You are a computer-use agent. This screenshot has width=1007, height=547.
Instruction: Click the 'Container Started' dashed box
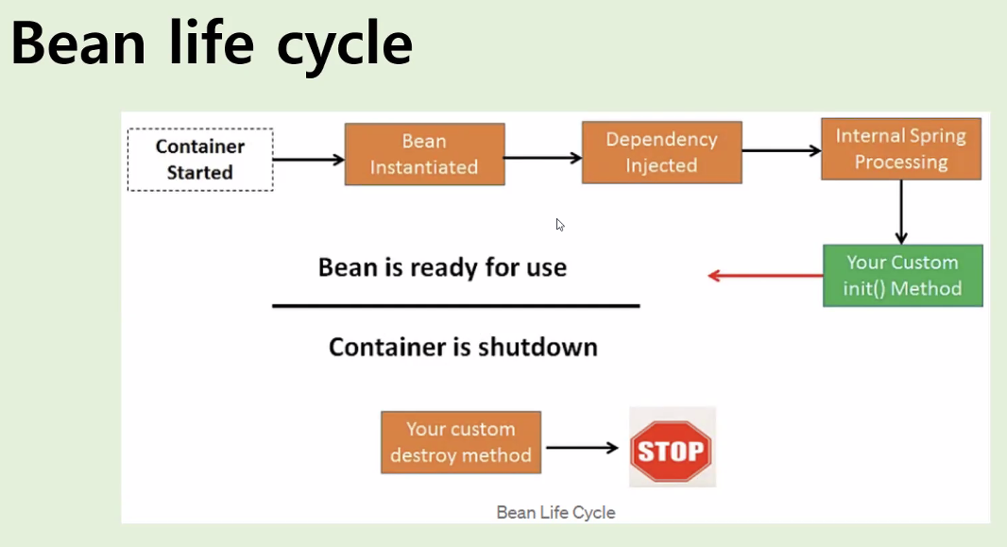pos(200,160)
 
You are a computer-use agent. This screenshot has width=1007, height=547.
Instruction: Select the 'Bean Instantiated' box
pos(424,154)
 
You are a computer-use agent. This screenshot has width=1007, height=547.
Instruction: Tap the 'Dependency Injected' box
pos(661,152)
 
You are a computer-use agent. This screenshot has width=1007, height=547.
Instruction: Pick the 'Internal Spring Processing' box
pos(901,148)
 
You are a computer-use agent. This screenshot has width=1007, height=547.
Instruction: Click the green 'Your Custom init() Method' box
pos(902,276)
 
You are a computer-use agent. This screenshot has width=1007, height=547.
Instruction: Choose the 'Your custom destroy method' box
pos(460,442)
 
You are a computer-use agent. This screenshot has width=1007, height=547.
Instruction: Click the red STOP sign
pos(672,451)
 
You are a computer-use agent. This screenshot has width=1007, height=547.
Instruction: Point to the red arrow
pos(765,276)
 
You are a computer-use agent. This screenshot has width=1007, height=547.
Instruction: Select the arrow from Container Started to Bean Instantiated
pos(309,160)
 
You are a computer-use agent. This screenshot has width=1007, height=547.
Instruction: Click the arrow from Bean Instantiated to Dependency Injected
pos(543,157)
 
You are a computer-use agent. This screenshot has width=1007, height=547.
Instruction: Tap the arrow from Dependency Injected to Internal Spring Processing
pos(781,151)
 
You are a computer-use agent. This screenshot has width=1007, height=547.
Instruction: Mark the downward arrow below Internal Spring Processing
pos(901,212)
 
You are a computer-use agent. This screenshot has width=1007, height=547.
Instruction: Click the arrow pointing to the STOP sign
pos(582,448)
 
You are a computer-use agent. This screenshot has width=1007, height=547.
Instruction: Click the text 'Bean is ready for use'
pos(442,267)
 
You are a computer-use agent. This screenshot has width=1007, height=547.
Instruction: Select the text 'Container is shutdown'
pos(463,347)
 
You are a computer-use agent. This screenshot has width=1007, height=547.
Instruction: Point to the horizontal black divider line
pos(456,306)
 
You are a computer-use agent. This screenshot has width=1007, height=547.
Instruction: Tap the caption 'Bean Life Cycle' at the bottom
pos(556,512)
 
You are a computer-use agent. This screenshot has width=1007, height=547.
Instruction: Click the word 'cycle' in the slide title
pos(345,45)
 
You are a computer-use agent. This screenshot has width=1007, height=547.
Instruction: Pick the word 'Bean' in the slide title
pos(78,43)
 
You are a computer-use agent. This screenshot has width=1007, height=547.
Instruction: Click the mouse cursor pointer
pos(560,225)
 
